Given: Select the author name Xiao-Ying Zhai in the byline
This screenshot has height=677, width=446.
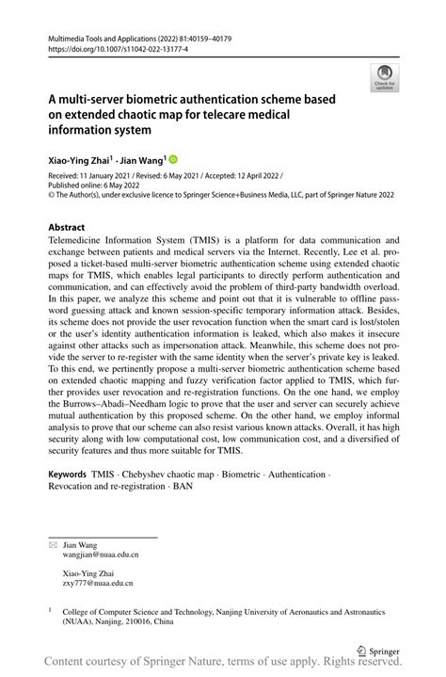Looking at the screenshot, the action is pyautogui.click(x=80, y=159).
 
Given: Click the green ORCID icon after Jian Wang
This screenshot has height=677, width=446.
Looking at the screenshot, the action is pyautogui.click(x=173, y=159).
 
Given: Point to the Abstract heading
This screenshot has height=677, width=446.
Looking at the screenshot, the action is pyautogui.click(x=68, y=228).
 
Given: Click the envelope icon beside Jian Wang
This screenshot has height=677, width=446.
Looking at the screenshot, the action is pyautogui.click(x=53, y=544).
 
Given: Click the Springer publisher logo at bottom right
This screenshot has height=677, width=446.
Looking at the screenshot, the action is pyautogui.click(x=382, y=648).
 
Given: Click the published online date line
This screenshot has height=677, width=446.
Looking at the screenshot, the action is pyautogui.click(x=93, y=186).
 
